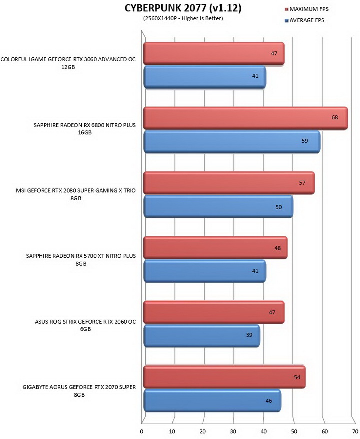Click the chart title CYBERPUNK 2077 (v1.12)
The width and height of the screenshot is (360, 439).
[x=183, y=8]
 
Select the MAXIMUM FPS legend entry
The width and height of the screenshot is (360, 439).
[x=306, y=9]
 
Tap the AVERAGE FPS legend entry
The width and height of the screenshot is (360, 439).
[x=304, y=20]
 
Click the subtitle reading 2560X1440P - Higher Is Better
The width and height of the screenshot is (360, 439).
[x=183, y=19]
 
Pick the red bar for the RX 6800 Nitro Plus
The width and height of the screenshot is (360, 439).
[x=246, y=118]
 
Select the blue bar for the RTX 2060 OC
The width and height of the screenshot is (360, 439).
[x=202, y=336]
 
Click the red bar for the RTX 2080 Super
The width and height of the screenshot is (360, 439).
[x=229, y=183]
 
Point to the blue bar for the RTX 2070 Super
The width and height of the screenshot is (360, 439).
[x=212, y=400]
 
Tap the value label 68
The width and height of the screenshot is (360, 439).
[x=335, y=117]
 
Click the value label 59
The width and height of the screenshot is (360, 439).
[x=305, y=141]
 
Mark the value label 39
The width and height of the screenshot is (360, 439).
[x=249, y=335]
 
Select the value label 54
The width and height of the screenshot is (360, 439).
[x=297, y=377]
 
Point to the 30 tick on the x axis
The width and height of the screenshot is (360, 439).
[x=233, y=431]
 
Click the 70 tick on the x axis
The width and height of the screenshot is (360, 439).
[x=355, y=431]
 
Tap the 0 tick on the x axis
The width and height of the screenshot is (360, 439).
[x=142, y=431]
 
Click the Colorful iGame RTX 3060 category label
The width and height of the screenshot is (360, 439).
[x=68, y=63]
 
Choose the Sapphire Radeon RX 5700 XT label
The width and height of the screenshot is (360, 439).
[x=81, y=260]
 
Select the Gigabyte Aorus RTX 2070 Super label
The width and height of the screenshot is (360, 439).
[x=79, y=391]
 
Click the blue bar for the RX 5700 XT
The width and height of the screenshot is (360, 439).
[x=205, y=271]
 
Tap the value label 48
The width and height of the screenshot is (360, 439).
[x=277, y=248]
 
